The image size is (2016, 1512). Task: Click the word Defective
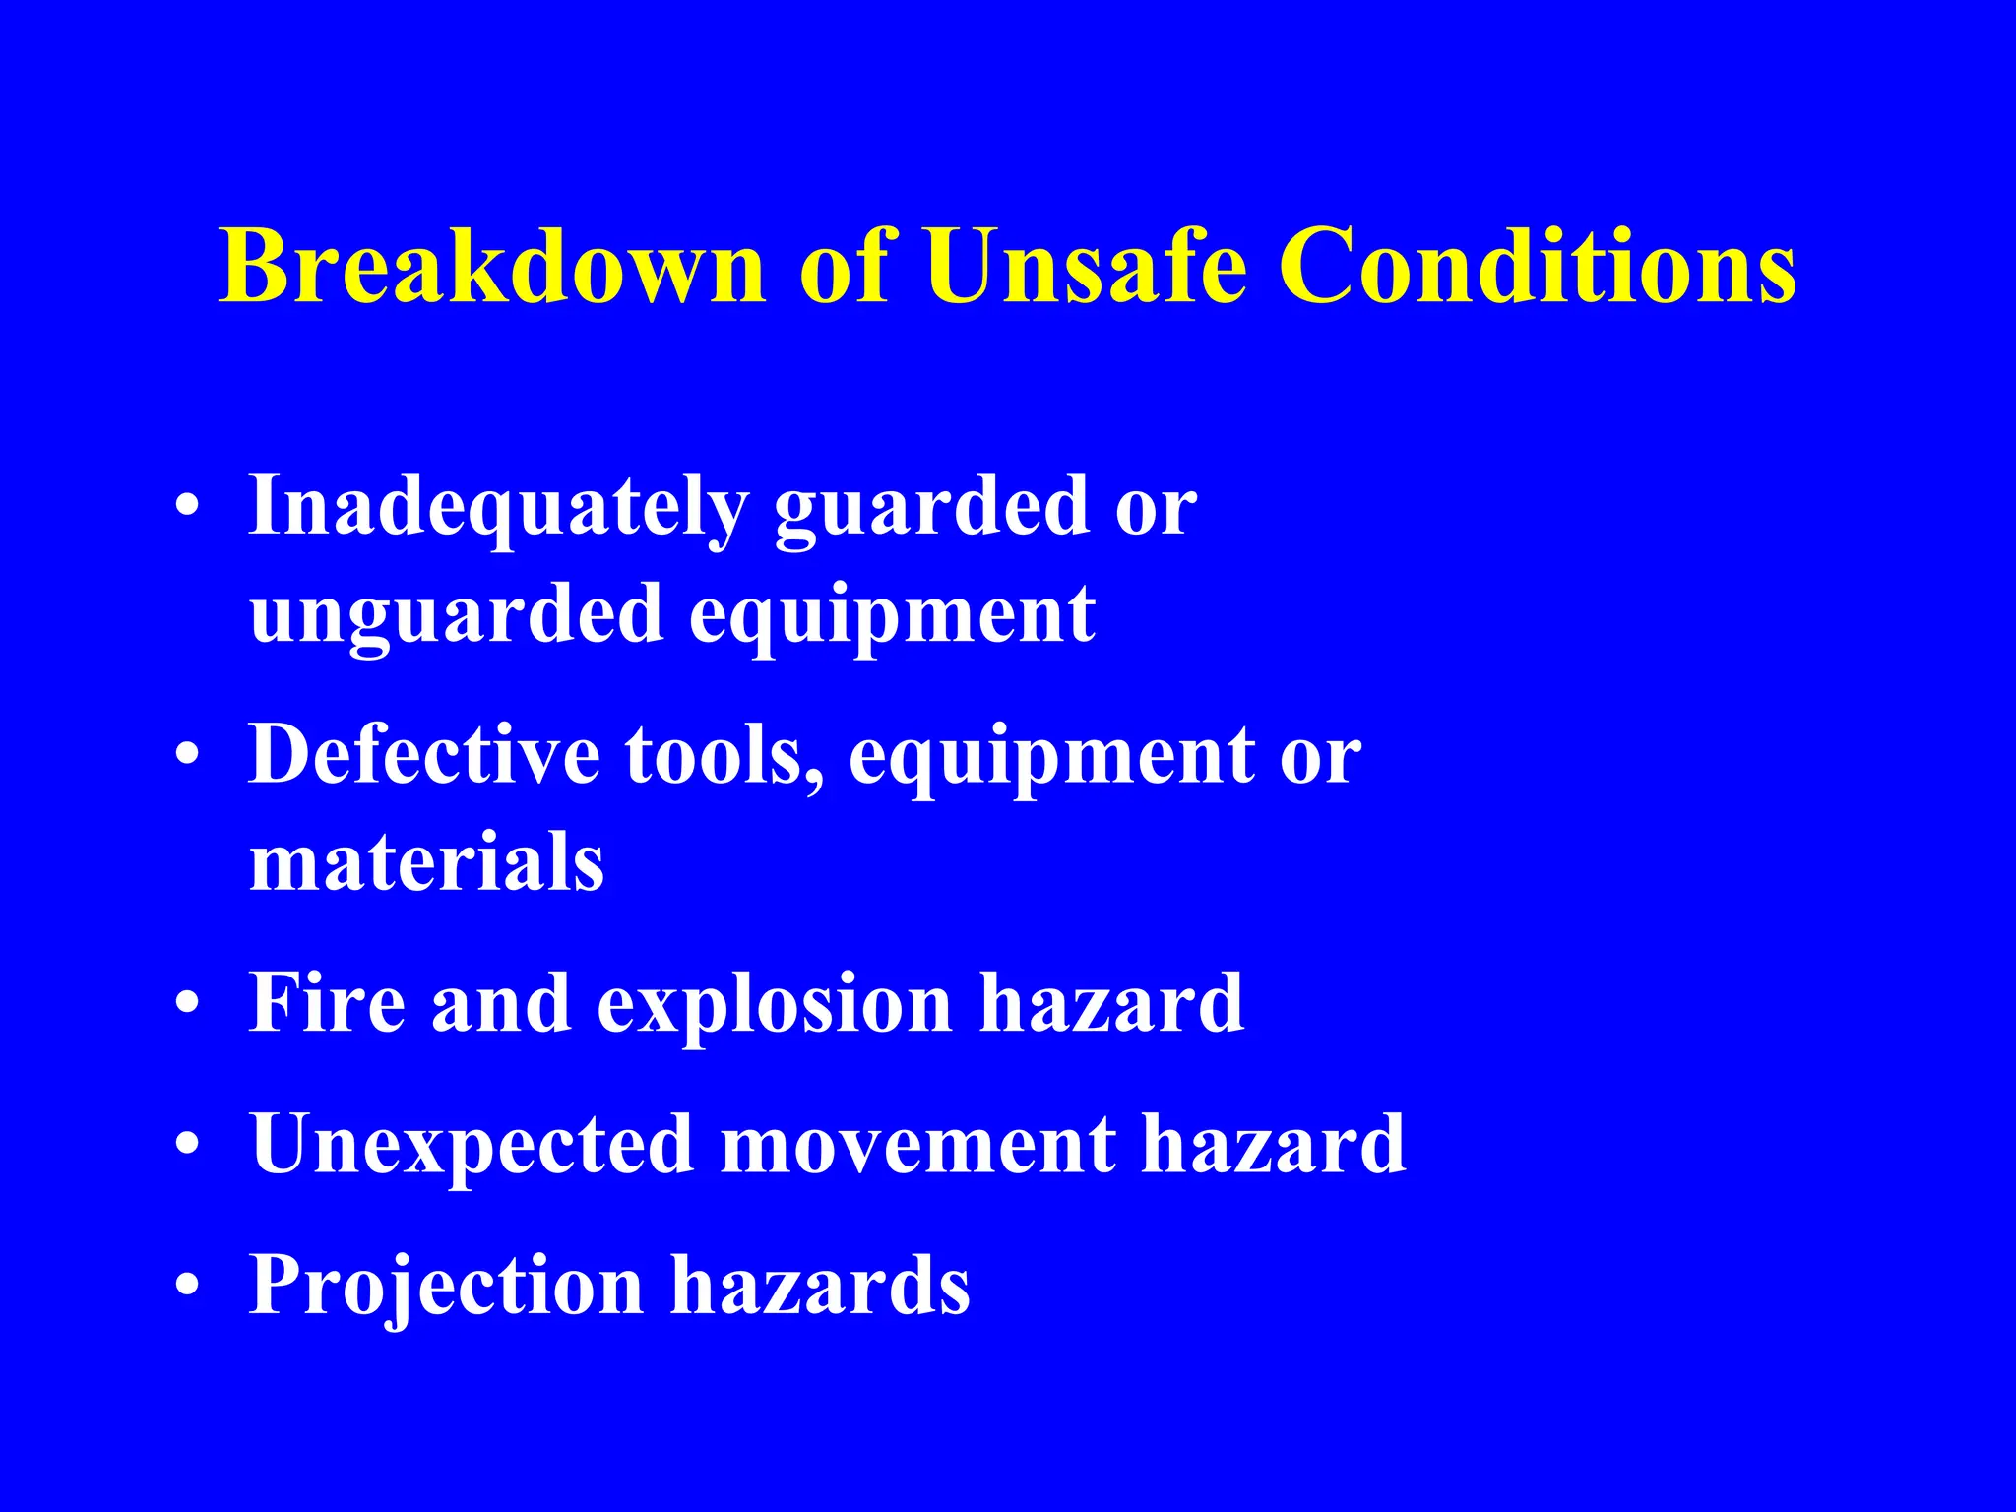[x=424, y=756]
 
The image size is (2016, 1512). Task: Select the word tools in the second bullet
[x=724, y=756]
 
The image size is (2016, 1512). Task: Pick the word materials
[x=426, y=862]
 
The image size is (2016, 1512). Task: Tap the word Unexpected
[x=472, y=1145]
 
